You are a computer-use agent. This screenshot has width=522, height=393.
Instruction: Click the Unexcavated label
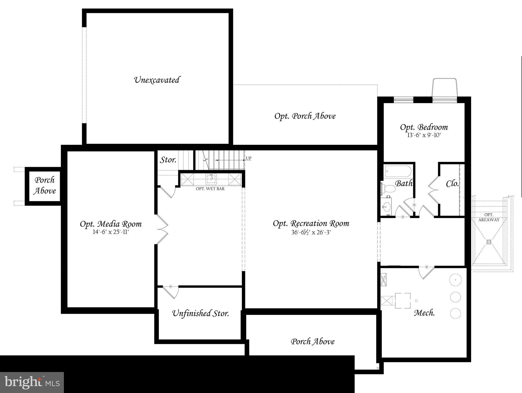pos(157,80)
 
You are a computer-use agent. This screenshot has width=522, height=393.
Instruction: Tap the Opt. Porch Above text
pos(305,116)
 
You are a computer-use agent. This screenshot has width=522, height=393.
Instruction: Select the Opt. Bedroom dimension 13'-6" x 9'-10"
pos(424,135)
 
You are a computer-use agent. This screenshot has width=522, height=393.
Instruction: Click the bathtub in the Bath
pos(398,171)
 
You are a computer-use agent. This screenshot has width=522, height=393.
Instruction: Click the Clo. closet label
pos(452,183)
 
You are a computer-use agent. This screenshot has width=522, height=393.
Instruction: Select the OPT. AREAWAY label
pos(489,217)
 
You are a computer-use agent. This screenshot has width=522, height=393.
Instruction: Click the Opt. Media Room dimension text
pos(111,232)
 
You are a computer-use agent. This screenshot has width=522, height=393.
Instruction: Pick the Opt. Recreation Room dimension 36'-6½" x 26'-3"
pos(311,232)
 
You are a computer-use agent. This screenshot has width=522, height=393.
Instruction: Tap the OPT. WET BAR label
pos(210,189)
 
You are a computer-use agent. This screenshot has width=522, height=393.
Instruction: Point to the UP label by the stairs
pos(248,158)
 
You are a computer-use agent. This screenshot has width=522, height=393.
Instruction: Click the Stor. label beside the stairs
pos(168,160)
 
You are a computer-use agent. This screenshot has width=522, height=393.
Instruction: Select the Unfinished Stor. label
pos(201,313)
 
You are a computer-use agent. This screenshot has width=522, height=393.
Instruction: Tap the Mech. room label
pos(424,312)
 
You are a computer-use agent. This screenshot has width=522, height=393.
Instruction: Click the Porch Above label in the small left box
pos(45,185)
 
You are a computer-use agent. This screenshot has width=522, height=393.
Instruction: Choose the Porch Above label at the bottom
pos(312,341)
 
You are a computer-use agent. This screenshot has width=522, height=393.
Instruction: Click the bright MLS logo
pos(32,382)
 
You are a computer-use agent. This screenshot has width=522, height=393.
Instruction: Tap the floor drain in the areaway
pos(489,242)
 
